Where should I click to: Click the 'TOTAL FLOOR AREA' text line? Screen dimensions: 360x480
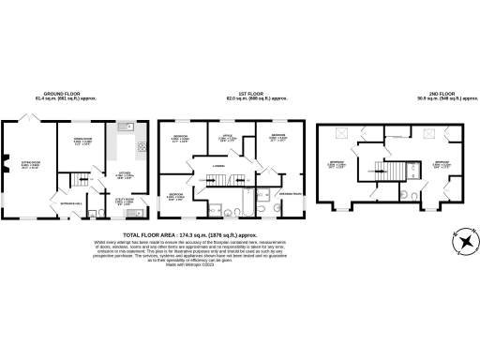pyautogui.click(x=190, y=235)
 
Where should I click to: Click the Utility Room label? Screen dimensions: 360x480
pyautogui.click(x=125, y=201)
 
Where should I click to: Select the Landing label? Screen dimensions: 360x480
pyautogui.click(x=218, y=169)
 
